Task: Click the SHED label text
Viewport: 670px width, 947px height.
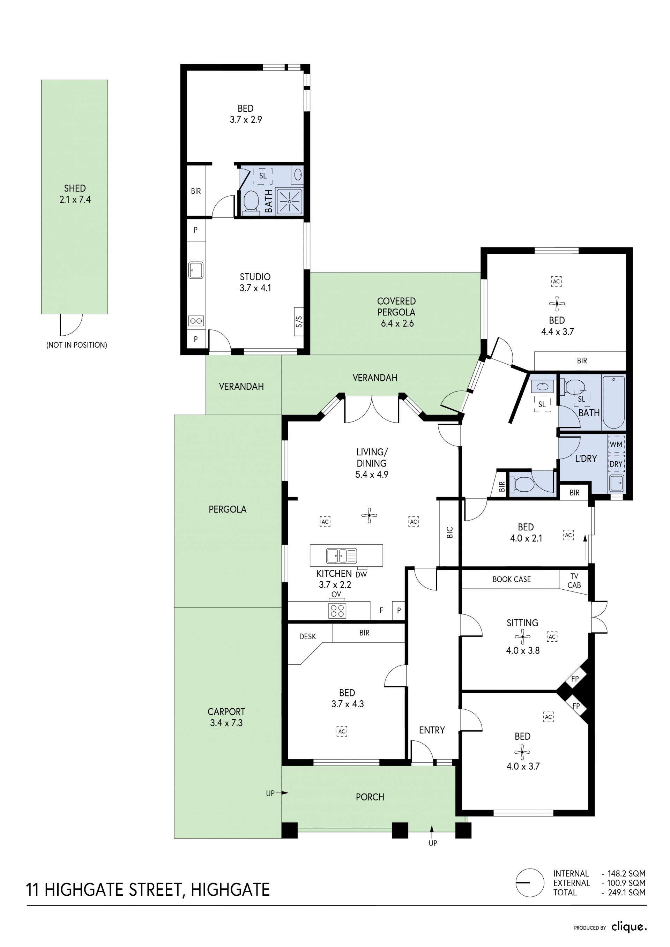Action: click(x=75, y=188)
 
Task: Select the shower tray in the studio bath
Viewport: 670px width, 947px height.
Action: click(x=289, y=202)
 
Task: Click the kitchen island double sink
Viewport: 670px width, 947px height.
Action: click(x=341, y=555)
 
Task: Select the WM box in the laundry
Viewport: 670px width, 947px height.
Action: click(x=616, y=444)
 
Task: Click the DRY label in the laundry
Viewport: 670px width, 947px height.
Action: click(x=616, y=464)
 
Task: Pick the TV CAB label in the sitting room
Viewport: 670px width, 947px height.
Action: click(x=574, y=581)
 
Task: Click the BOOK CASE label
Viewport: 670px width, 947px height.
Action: click(x=512, y=580)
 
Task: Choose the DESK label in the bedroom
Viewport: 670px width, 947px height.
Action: click(x=307, y=636)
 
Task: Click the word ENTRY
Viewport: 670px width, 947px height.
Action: click(x=432, y=730)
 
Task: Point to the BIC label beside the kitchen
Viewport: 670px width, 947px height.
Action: click(x=450, y=532)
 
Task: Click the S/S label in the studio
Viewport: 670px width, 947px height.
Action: click(x=299, y=321)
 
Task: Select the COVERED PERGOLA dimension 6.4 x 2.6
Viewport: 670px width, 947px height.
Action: click(x=397, y=323)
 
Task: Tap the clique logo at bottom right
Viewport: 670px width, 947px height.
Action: click(x=629, y=927)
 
